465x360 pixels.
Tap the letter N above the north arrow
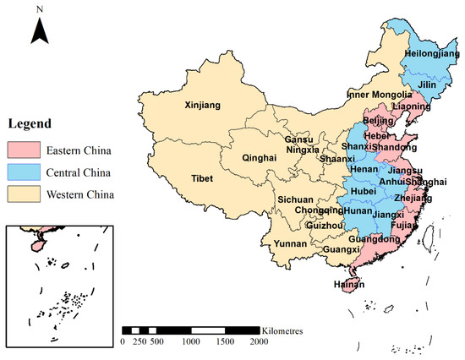coord(39,9)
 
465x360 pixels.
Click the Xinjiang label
coord(203,106)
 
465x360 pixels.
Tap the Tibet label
coord(201,179)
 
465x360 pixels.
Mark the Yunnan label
coord(287,243)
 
